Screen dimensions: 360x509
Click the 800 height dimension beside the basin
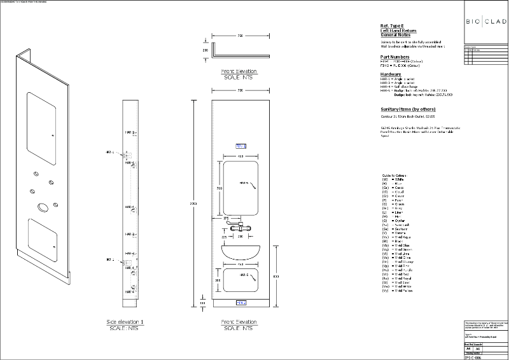(x=275, y=277)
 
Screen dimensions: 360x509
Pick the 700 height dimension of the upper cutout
(x=218, y=190)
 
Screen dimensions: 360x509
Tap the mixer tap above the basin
(x=241, y=226)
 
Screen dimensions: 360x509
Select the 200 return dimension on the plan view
(x=205, y=49)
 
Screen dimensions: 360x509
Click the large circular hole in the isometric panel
(x=43, y=207)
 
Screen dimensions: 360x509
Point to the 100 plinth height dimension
(x=202, y=304)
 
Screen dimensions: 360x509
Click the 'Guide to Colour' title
(x=394, y=175)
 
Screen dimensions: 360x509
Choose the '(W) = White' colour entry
(x=390, y=180)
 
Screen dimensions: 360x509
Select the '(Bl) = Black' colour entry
(x=390, y=242)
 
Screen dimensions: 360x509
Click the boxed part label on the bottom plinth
(x=241, y=303)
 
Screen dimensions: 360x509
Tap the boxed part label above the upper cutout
(x=241, y=146)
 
